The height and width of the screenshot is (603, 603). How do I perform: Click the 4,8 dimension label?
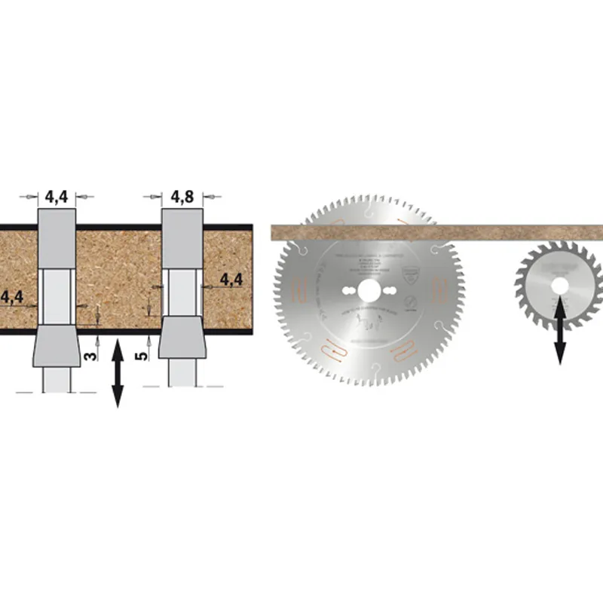point(182,197)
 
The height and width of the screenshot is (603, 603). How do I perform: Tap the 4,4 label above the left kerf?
point(57,197)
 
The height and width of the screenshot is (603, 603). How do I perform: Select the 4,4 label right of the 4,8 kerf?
point(231,280)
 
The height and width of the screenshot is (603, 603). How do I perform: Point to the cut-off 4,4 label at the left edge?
point(11,297)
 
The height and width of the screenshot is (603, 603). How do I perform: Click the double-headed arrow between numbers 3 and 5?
point(118,374)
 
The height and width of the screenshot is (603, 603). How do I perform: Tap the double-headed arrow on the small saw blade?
point(560,331)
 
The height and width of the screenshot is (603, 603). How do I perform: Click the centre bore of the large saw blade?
point(370,290)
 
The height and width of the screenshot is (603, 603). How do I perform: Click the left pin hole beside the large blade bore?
point(348,290)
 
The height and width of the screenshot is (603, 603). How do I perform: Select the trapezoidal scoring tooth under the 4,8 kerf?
point(182,338)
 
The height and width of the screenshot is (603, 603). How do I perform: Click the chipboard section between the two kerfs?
point(118,279)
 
